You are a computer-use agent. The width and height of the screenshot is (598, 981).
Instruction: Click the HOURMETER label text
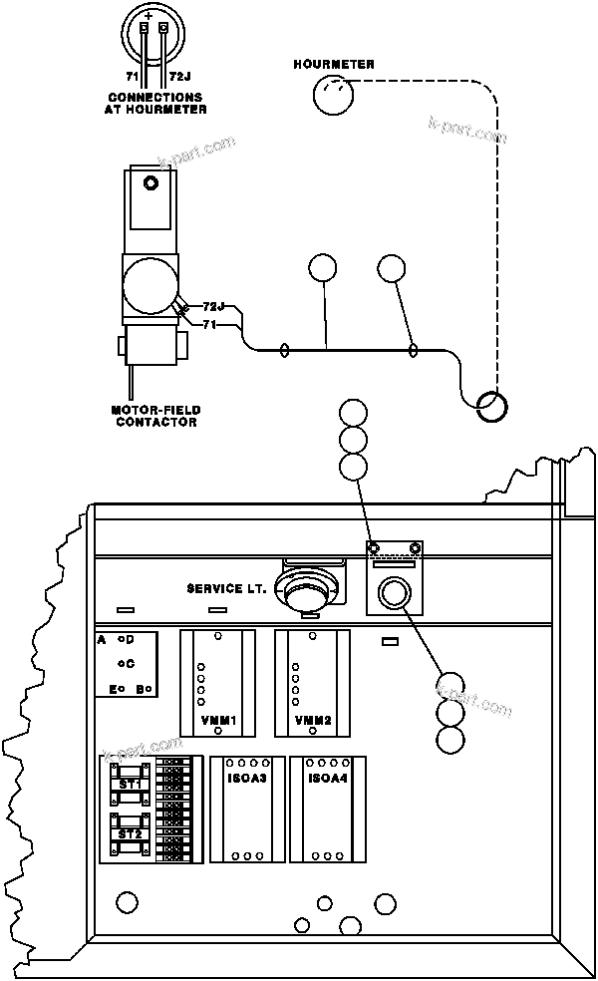[334, 65]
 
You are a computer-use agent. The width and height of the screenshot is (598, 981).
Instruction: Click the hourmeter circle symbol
[333, 97]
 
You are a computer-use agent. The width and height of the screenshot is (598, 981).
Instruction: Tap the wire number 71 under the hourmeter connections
[131, 76]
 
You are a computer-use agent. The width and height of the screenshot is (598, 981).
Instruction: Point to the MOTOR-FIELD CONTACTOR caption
[155, 415]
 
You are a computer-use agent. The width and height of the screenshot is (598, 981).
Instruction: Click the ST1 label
[130, 785]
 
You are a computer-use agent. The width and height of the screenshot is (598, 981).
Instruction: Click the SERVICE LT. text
[226, 588]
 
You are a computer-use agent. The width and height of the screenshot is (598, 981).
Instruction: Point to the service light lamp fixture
[306, 593]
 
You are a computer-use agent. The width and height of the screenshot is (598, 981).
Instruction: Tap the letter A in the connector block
[102, 639]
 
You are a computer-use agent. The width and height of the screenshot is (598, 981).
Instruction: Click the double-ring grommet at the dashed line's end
[491, 405]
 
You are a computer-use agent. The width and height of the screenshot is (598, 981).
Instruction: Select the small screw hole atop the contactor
[150, 183]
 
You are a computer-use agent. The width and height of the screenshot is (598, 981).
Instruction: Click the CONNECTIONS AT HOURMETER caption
[155, 103]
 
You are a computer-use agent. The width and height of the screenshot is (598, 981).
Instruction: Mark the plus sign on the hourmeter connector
[149, 17]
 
